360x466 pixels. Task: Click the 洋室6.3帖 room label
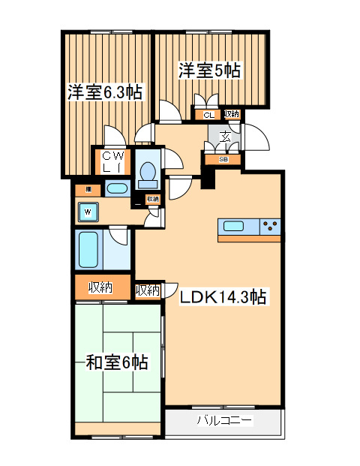click(x=105, y=92)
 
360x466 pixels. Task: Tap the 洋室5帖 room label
click(x=209, y=71)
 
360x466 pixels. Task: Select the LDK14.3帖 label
click(x=223, y=297)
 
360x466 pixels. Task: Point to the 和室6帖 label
click(x=116, y=363)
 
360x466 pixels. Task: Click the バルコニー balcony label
click(x=224, y=420)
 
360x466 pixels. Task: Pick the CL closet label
click(x=208, y=115)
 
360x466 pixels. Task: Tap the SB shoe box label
click(x=223, y=159)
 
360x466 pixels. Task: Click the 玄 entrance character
click(x=225, y=136)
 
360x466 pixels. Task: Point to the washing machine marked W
click(x=88, y=212)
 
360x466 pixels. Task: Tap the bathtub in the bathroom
click(x=88, y=250)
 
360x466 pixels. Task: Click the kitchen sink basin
click(x=232, y=226)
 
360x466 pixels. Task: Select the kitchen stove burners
click(x=271, y=226)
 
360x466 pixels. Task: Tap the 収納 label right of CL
click(x=231, y=114)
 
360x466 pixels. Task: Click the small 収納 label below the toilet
click(x=153, y=199)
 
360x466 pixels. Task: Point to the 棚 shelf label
click(x=88, y=189)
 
